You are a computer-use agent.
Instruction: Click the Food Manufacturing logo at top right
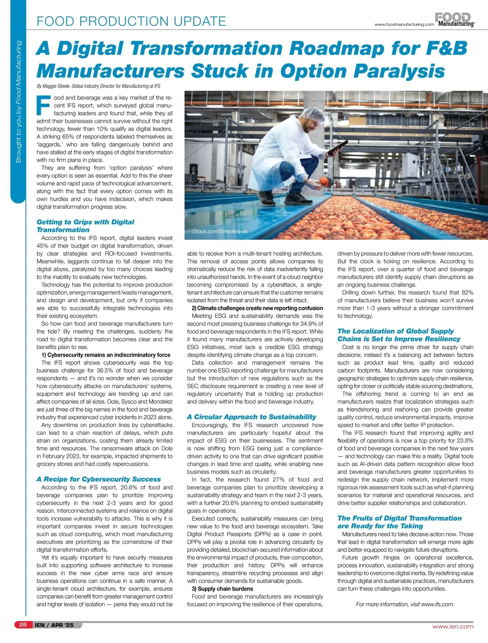(x=455, y=20)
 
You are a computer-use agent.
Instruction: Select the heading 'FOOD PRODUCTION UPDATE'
(x=131, y=21)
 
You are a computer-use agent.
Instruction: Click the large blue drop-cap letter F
(x=43, y=105)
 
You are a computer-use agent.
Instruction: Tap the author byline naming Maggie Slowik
(x=98, y=86)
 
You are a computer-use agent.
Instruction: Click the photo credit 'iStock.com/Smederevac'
(x=220, y=231)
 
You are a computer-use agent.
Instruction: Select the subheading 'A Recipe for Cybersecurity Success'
(x=98, y=479)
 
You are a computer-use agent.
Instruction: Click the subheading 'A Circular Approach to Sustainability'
(x=251, y=417)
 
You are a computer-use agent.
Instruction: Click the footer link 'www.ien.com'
(x=453, y=626)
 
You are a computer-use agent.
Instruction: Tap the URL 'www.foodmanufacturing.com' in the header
(x=404, y=24)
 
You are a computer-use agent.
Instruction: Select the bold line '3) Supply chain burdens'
(x=222, y=589)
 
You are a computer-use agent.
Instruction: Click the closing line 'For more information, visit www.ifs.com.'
(x=405, y=604)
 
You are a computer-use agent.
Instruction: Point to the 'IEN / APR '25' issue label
(x=54, y=625)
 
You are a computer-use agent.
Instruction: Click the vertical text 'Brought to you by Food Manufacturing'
(x=18, y=102)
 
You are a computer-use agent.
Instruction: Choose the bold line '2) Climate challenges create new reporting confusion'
(x=257, y=308)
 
